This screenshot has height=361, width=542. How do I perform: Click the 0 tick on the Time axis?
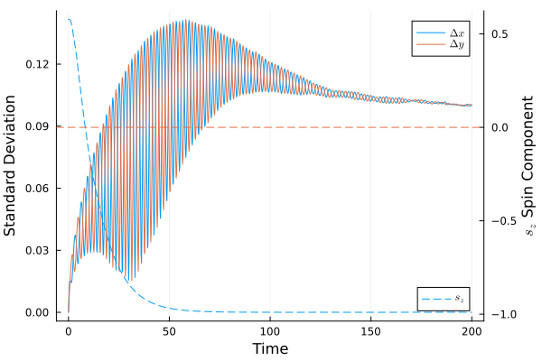[x=68, y=330]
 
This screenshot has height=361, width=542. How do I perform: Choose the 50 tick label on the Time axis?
[x=169, y=330]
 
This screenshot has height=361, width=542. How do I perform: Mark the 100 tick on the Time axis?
[x=270, y=330]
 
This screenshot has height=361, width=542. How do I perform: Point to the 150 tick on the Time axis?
[x=370, y=330]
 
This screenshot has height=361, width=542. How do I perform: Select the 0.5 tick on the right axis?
[x=499, y=33]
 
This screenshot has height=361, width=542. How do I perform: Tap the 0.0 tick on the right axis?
[x=499, y=127]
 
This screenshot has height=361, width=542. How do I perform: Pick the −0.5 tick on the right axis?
[x=497, y=220]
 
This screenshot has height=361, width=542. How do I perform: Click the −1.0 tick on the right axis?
[x=497, y=314]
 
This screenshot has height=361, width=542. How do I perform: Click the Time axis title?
[x=269, y=348]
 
